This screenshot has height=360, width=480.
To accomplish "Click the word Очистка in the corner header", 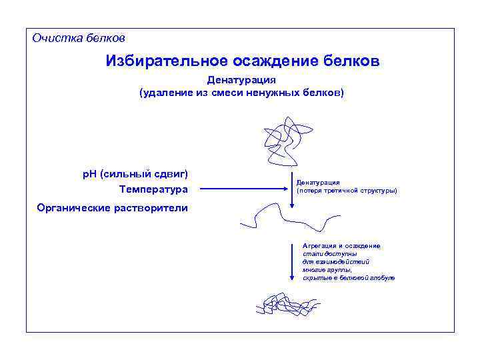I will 57,38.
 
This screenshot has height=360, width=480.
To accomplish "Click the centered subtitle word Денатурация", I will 241,80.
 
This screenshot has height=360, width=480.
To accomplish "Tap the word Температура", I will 154,190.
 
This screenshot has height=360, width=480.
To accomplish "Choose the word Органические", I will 73,207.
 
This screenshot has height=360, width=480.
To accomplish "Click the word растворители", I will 150,207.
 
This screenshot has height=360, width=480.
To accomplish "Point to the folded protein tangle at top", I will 285,141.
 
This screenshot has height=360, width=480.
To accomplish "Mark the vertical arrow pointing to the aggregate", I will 292,263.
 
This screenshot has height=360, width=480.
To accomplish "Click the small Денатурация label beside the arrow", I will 319,182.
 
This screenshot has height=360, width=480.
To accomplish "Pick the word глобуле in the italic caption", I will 383,277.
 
